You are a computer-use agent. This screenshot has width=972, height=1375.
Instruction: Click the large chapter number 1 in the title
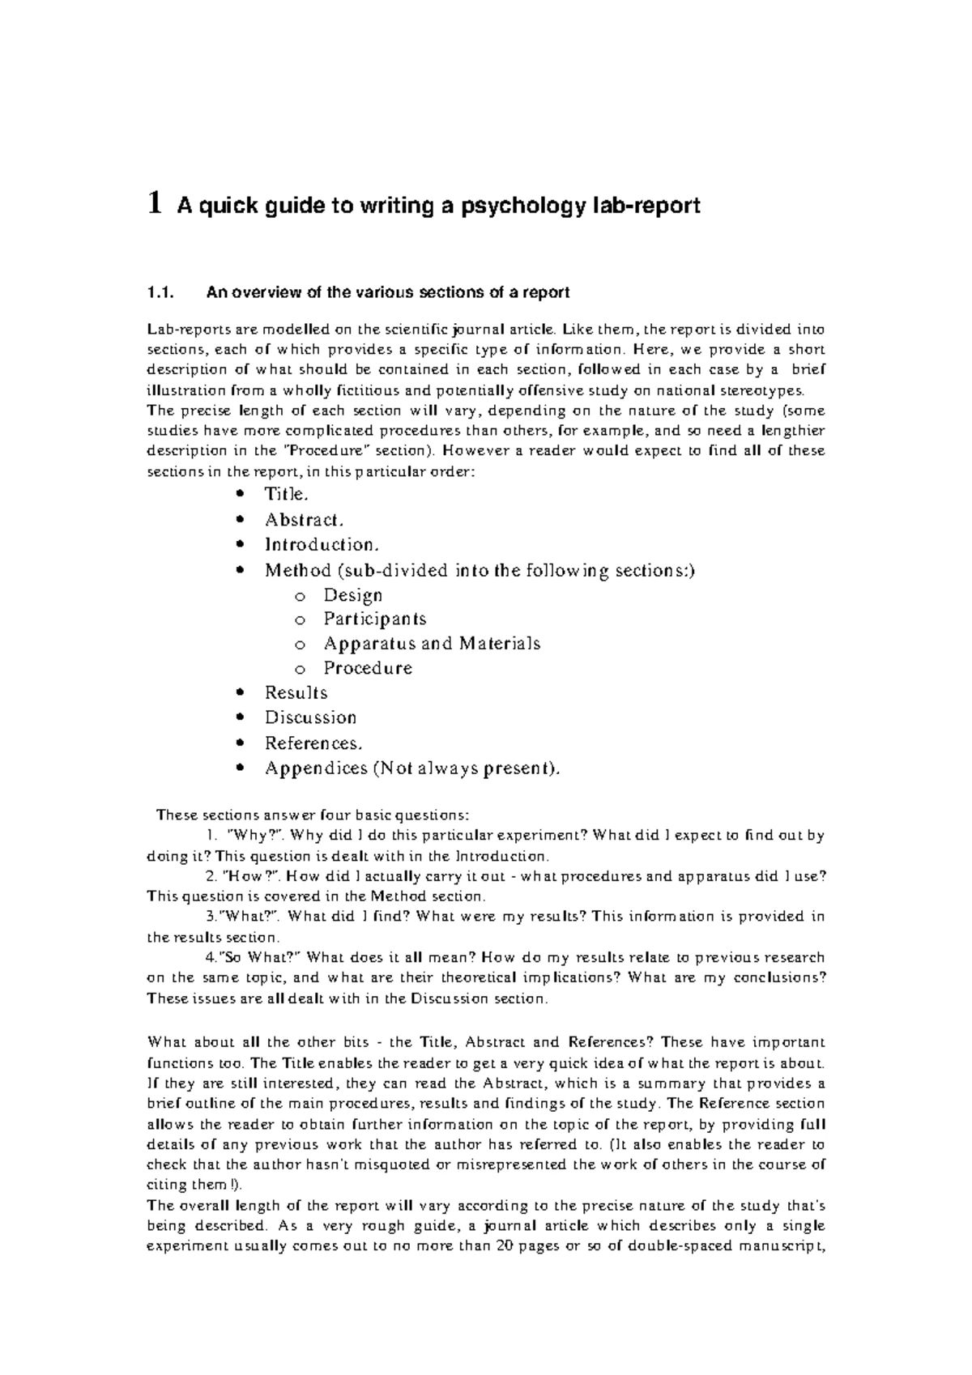click(153, 206)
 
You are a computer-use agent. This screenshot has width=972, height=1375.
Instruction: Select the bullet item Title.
click(286, 494)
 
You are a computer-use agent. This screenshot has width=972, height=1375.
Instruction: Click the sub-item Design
click(353, 595)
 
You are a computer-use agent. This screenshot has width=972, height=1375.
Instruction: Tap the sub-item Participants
click(375, 619)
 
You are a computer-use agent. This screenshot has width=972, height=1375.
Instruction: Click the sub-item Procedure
click(368, 668)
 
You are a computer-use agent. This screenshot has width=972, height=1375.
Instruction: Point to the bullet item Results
click(296, 693)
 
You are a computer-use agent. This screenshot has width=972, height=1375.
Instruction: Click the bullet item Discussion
click(310, 717)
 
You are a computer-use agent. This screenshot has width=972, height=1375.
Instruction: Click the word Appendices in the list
click(316, 768)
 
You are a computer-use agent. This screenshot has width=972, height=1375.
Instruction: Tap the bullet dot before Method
click(238, 571)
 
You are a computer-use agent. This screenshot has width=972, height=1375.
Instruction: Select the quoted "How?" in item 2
click(254, 876)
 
